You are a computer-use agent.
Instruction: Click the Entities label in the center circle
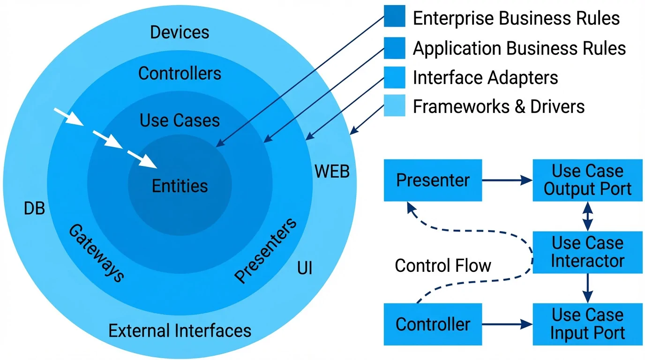click(180, 186)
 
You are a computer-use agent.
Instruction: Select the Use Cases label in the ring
click(180, 120)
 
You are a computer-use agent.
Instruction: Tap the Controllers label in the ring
click(180, 74)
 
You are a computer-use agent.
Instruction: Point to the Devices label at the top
click(180, 32)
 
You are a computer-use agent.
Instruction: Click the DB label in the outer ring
click(34, 209)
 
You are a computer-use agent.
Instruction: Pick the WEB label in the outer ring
click(332, 172)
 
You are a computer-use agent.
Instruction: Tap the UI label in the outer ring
click(305, 268)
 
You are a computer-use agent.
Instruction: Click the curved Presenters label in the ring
click(265, 250)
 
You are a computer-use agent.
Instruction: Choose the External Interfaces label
click(180, 331)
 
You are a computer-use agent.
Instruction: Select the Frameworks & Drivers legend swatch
click(394, 105)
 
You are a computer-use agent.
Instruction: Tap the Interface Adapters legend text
click(485, 77)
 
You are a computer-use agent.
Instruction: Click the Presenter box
click(433, 180)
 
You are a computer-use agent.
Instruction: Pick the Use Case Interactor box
click(587, 252)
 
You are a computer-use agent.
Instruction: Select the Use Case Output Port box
click(587, 180)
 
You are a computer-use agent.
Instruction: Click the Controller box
click(433, 324)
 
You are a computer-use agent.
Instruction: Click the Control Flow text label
click(443, 266)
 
